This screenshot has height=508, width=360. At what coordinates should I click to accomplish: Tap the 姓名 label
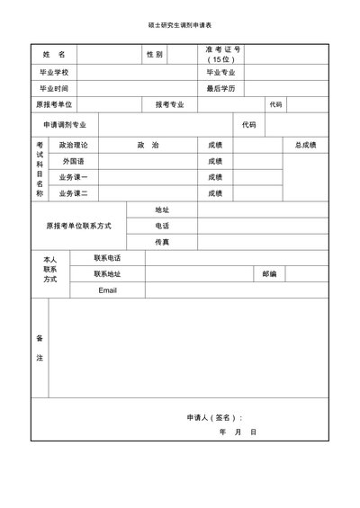click(54, 55)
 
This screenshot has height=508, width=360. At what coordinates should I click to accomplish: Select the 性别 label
click(154, 55)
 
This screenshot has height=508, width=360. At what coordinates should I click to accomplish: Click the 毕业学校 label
click(54, 72)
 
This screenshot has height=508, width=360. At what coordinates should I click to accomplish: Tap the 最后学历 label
click(220, 89)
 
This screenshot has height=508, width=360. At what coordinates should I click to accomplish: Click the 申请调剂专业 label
click(66, 125)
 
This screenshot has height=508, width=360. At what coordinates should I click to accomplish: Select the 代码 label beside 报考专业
click(274, 105)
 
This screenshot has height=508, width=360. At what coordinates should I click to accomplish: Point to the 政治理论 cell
click(73, 144)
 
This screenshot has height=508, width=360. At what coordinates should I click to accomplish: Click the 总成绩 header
click(305, 144)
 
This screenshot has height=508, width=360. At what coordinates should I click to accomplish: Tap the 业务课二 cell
click(73, 193)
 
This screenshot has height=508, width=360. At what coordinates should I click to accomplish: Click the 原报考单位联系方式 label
click(78, 226)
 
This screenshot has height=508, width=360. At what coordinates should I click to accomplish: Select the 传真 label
click(162, 242)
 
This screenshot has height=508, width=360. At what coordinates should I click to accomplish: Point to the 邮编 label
click(269, 273)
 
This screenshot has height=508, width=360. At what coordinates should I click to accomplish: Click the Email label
click(108, 290)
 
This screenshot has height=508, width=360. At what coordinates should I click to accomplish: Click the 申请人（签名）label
click(214, 417)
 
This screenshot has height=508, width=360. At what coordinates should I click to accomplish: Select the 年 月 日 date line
click(238, 432)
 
